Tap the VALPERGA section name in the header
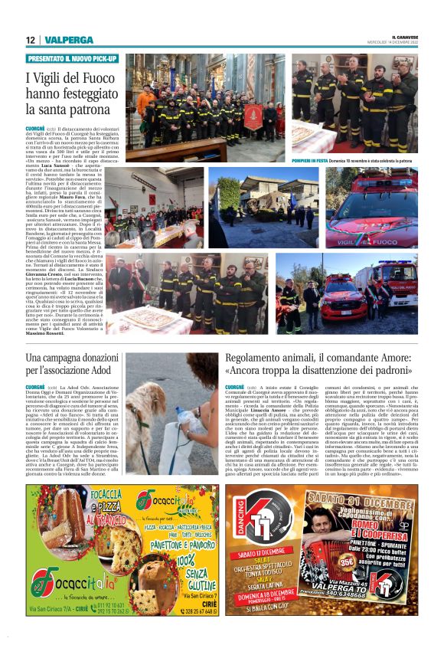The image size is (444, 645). tap(58, 40)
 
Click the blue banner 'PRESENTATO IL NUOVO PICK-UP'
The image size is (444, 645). tap(73, 59)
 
